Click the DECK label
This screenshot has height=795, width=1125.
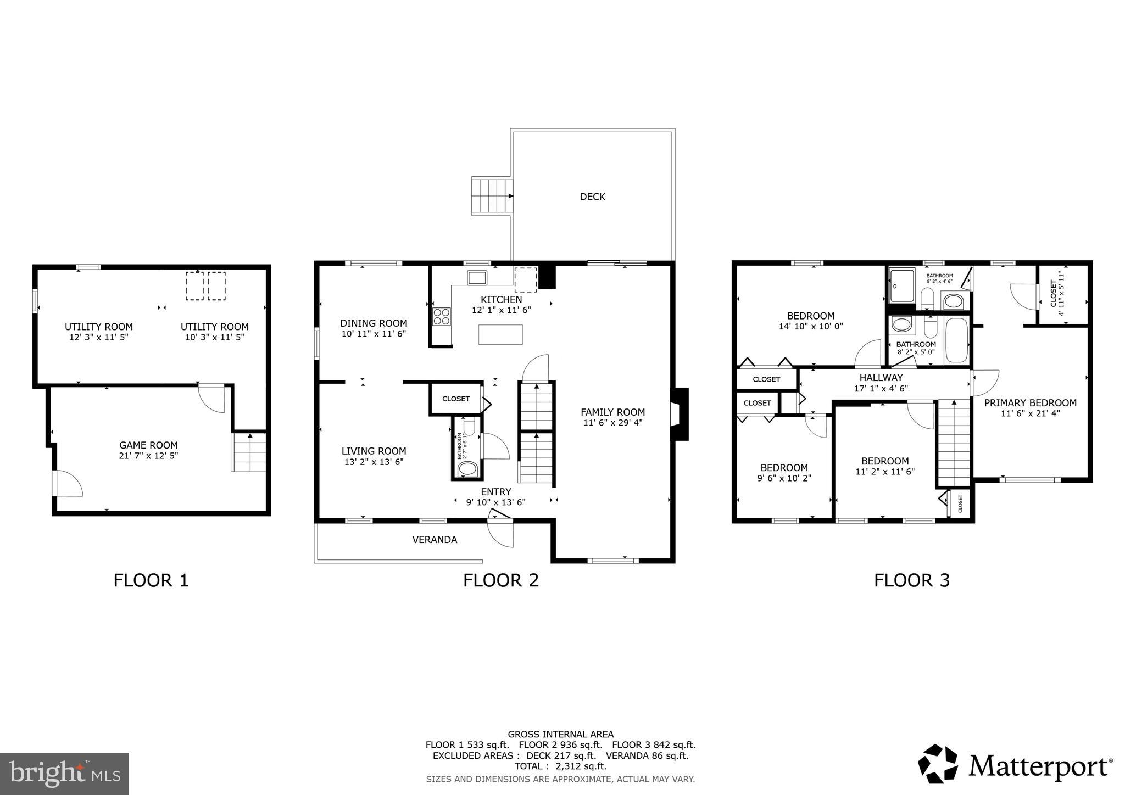pyautogui.click(x=592, y=197)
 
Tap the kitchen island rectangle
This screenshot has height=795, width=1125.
pyautogui.click(x=500, y=334)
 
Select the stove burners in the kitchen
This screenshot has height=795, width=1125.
pyautogui.click(x=442, y=316)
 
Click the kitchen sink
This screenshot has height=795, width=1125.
pyautogui.click(x=476, y=278)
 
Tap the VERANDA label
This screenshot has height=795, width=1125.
pyautogui.click(x=435, y=540)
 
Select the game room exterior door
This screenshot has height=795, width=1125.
pyautogui.click(x=68, y=484)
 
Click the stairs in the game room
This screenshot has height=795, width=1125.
pyautogui.click(x=249, y=452)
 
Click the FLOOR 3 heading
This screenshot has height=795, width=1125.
pyautogui.click(x=911, y=580)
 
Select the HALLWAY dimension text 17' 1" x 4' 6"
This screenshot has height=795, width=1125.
pyautogui.click(x=881, y=388)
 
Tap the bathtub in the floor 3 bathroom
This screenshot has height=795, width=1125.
pyautogui.click(x=957, y=340)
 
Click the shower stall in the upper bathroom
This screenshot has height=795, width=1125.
pyautogui.click(x=901, y=285)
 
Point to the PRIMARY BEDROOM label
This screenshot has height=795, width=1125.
pyautogui.click(x=1030, y=403)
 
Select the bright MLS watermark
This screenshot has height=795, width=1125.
pyautogui.click(x=64, y=774)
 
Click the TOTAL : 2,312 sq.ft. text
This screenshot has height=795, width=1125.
pyautogui.click(x=560, y=766)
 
